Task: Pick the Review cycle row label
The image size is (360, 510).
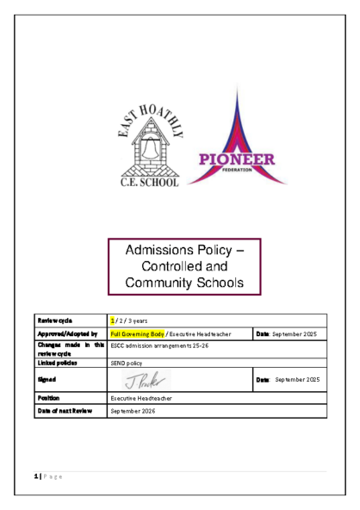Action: click(53, 320)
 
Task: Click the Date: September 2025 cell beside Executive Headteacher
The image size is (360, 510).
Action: click(286, 333)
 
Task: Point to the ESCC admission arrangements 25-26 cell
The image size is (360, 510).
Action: click(159, 346)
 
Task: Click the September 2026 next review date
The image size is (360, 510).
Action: click(136, 411)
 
